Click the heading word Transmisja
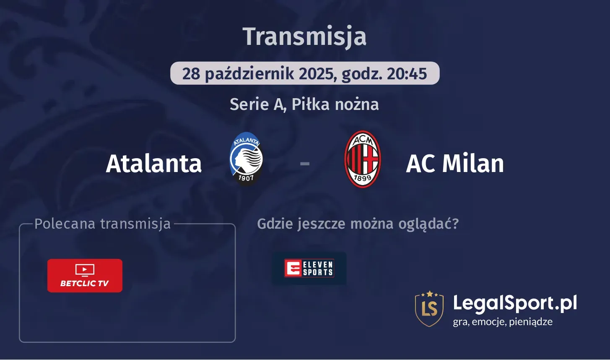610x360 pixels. pos(304,37)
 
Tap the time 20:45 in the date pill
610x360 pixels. pos(407,73)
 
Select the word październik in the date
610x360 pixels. pos(249,74)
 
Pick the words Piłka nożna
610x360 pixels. pos(335,104)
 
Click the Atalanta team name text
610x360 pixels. pos(153,164)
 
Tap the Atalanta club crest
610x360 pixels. pos(246,159)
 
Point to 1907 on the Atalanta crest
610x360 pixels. pos(246,177)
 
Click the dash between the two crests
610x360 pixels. pos(305,164)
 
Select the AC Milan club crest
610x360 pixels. pos(363,159)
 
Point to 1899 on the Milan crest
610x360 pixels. pos(363,178)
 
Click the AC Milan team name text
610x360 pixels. pos(455,164)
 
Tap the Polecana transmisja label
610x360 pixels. pos(102,224)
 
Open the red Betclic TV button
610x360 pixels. pos(85,276)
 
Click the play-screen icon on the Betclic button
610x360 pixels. pos(85,270)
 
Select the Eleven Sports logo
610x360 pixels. pos(309,268)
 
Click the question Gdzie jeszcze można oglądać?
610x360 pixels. pos(358,224)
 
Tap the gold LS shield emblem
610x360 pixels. pos(429,309)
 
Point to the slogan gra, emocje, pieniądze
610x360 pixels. pos(503,322)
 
